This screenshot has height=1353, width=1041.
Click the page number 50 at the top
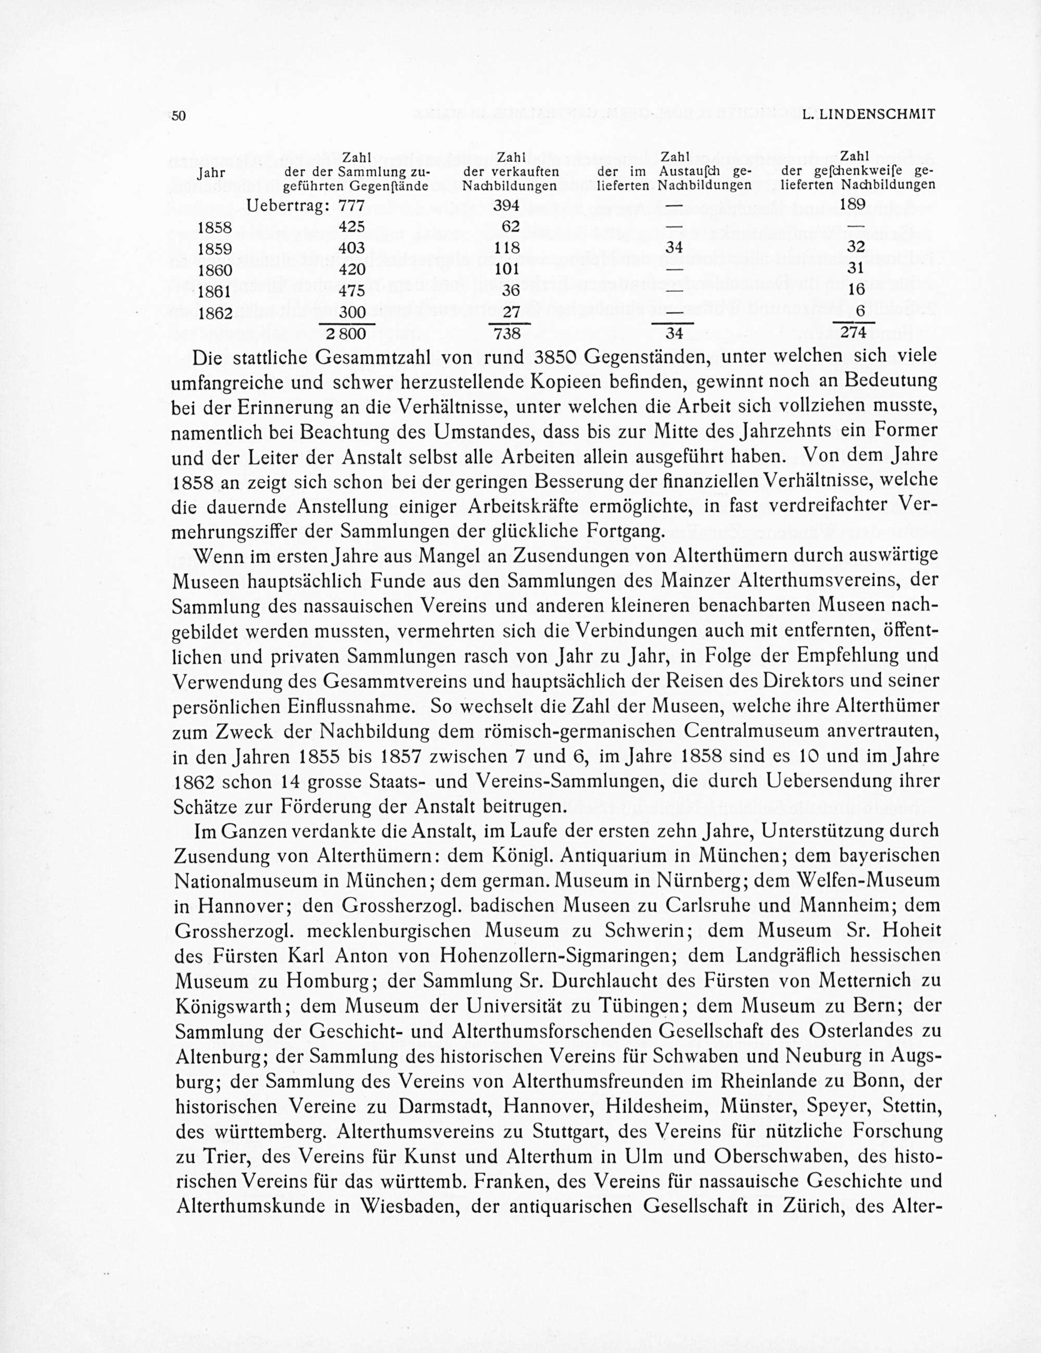[x=179, y=116]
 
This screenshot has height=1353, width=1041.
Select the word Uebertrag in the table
[x=287, y=205]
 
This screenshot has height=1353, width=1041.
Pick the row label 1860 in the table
[x=214, y=270]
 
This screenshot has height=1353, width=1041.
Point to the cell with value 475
[x=351, y=291]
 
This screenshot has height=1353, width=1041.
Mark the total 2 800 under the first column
[x=346, y=334]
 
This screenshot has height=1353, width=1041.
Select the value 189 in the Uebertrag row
[x=855, y=205]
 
